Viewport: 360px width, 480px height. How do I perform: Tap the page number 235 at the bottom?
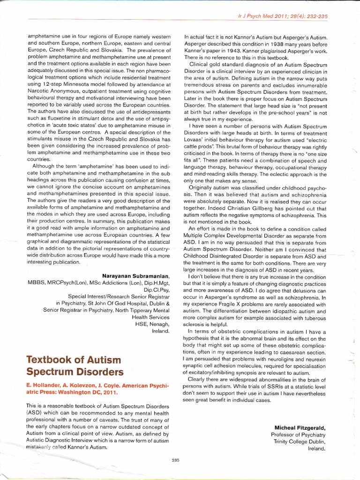(176, 460)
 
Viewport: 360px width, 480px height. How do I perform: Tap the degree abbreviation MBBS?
(24, 284)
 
